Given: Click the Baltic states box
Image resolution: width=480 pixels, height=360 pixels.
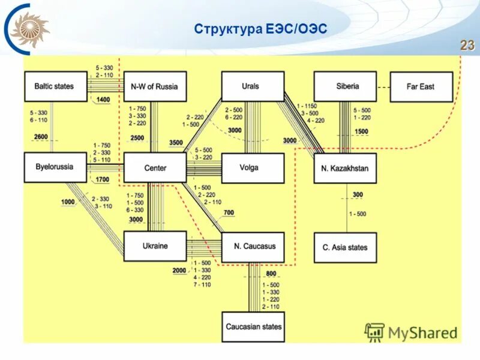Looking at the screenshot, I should pos(53,86).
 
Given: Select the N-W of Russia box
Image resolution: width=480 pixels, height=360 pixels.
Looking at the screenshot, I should pos(154,86).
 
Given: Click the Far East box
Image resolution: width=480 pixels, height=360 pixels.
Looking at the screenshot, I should pos(421,87).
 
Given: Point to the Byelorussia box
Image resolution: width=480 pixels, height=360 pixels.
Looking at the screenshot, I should pos(53,167).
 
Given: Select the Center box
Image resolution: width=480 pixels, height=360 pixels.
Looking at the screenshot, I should pos(155,168).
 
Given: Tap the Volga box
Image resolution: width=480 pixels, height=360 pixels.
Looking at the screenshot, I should pos(253,168).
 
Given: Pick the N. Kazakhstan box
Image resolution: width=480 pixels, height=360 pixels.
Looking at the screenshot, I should pos(345,168).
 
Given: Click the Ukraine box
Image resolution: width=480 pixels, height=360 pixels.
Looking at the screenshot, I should pos(155,246).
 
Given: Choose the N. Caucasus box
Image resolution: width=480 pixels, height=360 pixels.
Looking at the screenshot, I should pos(253,247).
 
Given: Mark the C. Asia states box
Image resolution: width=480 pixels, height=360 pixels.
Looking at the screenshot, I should pos(345,247).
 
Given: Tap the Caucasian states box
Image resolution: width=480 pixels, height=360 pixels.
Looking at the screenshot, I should pos(253,327).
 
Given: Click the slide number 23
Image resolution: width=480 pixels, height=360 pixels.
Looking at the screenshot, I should pos(467,46).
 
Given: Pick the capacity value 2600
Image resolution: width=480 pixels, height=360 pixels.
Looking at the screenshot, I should pos(40,137).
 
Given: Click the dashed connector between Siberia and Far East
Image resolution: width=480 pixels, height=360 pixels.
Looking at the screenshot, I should pos(383,86).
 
